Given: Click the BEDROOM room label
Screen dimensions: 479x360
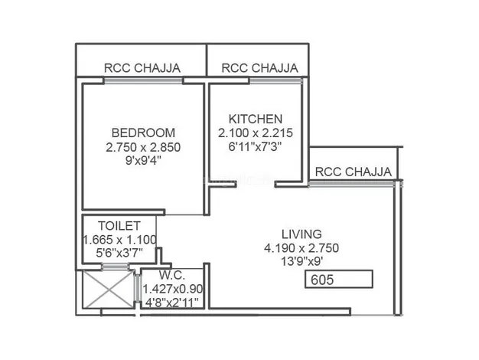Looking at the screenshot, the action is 143,133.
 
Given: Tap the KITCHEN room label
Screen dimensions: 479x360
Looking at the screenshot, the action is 256,119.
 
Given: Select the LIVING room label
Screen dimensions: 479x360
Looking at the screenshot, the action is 301,234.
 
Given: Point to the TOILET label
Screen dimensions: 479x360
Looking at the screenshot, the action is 119,226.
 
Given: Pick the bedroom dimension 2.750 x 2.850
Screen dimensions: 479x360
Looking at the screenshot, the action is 143,147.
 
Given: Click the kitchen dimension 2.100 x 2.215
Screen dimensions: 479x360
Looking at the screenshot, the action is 256,133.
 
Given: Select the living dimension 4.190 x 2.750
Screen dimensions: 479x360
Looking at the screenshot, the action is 301,248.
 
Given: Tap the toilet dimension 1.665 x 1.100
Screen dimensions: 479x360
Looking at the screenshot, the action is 119,240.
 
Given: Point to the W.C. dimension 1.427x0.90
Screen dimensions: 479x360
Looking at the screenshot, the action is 173,289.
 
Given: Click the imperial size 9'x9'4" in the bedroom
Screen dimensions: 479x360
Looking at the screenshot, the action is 143,161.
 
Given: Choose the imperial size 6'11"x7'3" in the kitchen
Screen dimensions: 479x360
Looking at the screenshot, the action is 255,146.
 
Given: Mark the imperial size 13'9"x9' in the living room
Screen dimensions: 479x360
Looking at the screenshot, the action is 301,261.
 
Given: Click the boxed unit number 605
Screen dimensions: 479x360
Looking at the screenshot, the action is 339,280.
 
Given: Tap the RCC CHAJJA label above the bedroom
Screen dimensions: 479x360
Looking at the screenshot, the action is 142,68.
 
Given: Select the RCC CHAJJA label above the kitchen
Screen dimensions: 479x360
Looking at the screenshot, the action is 259,68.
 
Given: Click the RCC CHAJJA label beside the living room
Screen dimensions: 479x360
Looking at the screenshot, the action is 354,172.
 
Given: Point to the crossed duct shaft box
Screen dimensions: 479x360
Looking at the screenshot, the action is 108,290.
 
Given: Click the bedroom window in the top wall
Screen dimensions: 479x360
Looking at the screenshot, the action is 143,80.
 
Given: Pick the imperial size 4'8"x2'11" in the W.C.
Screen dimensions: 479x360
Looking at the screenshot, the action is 171,303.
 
